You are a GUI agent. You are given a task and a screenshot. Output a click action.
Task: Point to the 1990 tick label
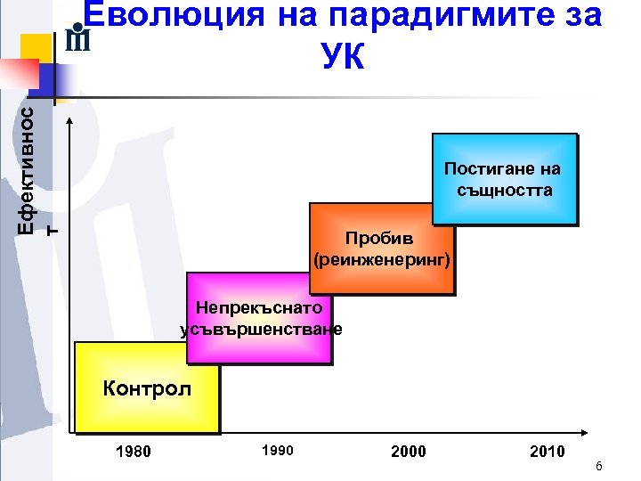pyautogui.click(x=277, y=450)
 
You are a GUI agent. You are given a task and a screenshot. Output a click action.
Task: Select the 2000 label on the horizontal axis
pyautogui.click(x=409, y=452)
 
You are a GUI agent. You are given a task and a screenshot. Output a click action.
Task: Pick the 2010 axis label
pyautogui.click(x=547, y=452)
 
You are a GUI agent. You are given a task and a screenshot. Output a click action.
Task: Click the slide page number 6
pyautogui.click(x=599, y=467)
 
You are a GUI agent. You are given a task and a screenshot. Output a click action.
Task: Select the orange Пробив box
pyautogui.click(x=381, y=267)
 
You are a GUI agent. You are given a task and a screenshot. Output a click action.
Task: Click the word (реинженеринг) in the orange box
pyautogui.click(x=383, y=260)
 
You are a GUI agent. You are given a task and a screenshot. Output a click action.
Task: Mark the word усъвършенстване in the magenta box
pyautogui.click(x=261, y=329)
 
